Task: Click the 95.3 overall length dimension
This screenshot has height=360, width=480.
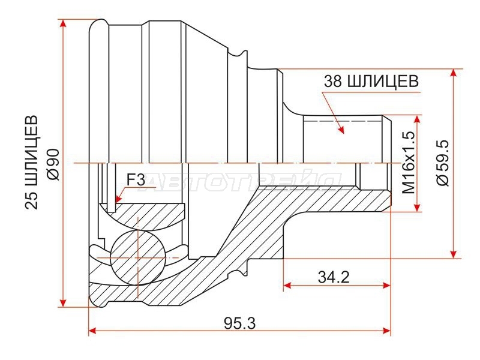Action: (x=239, y=323)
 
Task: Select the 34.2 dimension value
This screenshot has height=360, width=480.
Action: (x=334, y=277)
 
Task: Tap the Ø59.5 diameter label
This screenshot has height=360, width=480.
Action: (x=443, y=163)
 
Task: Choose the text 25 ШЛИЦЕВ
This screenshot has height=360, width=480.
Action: (x=32, y=162)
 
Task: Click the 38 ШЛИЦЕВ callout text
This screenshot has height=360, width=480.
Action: (x=371, y=82)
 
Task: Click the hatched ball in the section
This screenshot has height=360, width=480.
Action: (x=137, y=257)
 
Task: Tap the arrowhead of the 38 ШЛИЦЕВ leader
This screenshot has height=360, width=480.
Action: (x=341, y=130)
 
